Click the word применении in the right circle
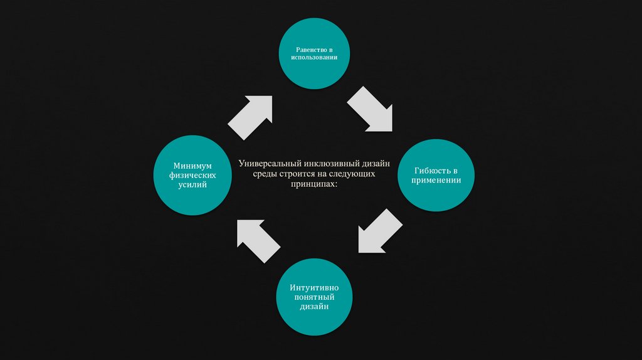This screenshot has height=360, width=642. click(436, 180)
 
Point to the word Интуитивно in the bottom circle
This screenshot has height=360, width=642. click(313, 288)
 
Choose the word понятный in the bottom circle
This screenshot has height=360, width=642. click(313, 297)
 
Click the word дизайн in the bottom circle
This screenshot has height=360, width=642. click(313, 307)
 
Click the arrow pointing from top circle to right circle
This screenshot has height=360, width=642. click(371, 110)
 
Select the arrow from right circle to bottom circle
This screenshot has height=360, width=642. click(379, 232)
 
